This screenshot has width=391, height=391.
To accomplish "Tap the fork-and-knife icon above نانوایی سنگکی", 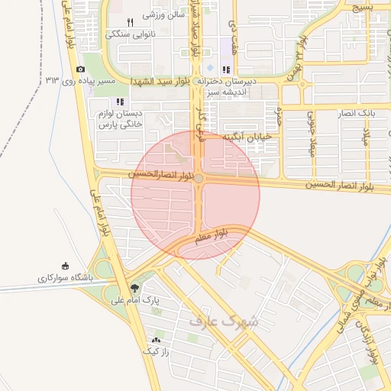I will (x=130, y=22).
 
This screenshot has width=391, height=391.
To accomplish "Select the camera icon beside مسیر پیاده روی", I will (x=81, y=69).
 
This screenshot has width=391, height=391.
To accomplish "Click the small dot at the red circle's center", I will (x=199, y=178).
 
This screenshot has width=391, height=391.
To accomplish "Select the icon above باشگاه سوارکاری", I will (x=66, y=267).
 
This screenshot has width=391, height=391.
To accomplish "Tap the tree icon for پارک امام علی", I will (x=135, y=288).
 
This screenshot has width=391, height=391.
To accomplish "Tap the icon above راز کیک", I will (x=157, y=340).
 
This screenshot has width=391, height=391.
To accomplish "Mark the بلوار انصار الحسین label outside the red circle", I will (x=347, y=186).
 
